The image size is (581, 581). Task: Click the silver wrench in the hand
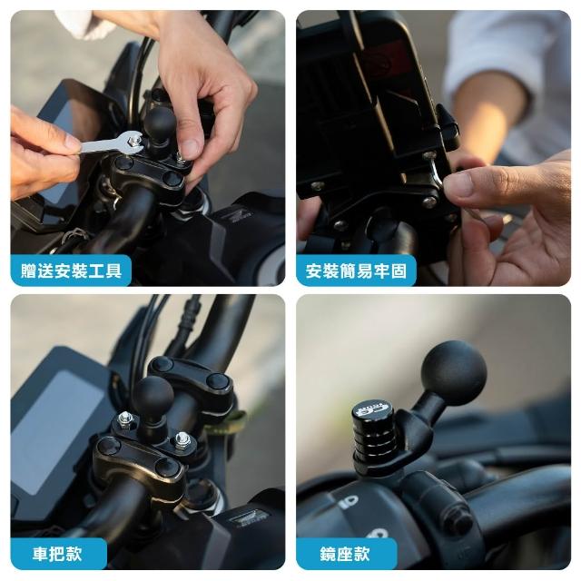(x=111, y=144)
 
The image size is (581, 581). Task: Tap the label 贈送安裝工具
(x=71, y=271)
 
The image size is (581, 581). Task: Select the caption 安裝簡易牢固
(x=356, y=271)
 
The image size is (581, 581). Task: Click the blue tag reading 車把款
(x=58, y=554)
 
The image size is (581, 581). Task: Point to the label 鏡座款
(x=346, y=554)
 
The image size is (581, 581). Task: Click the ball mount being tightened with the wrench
(x=160, y=128)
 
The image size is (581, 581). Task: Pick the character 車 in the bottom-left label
(x=40, y=554)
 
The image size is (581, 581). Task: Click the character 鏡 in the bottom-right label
(x=329, y=554)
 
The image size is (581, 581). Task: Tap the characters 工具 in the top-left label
(x=105, y=271)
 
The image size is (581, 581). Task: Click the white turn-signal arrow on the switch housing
(x=350, y=502)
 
